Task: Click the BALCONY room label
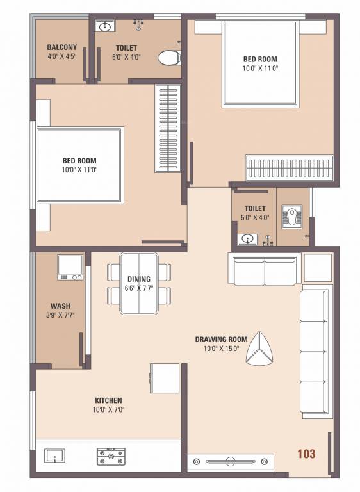point(61,47)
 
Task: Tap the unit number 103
point(306,454)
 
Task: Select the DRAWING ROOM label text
point(221,339)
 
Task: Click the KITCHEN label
point(107,400)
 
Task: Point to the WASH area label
point(60,306)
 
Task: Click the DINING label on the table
point(139,279)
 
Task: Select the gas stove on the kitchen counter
point(111,456)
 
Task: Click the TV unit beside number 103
point(230,461)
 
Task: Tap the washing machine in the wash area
point(70,267)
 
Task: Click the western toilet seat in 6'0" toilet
point(168,58)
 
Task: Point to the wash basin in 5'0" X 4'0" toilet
point(247,240)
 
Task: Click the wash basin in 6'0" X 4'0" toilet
point(106,26)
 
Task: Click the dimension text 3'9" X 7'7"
point(60,315)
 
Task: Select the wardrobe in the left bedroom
point(168,128)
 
